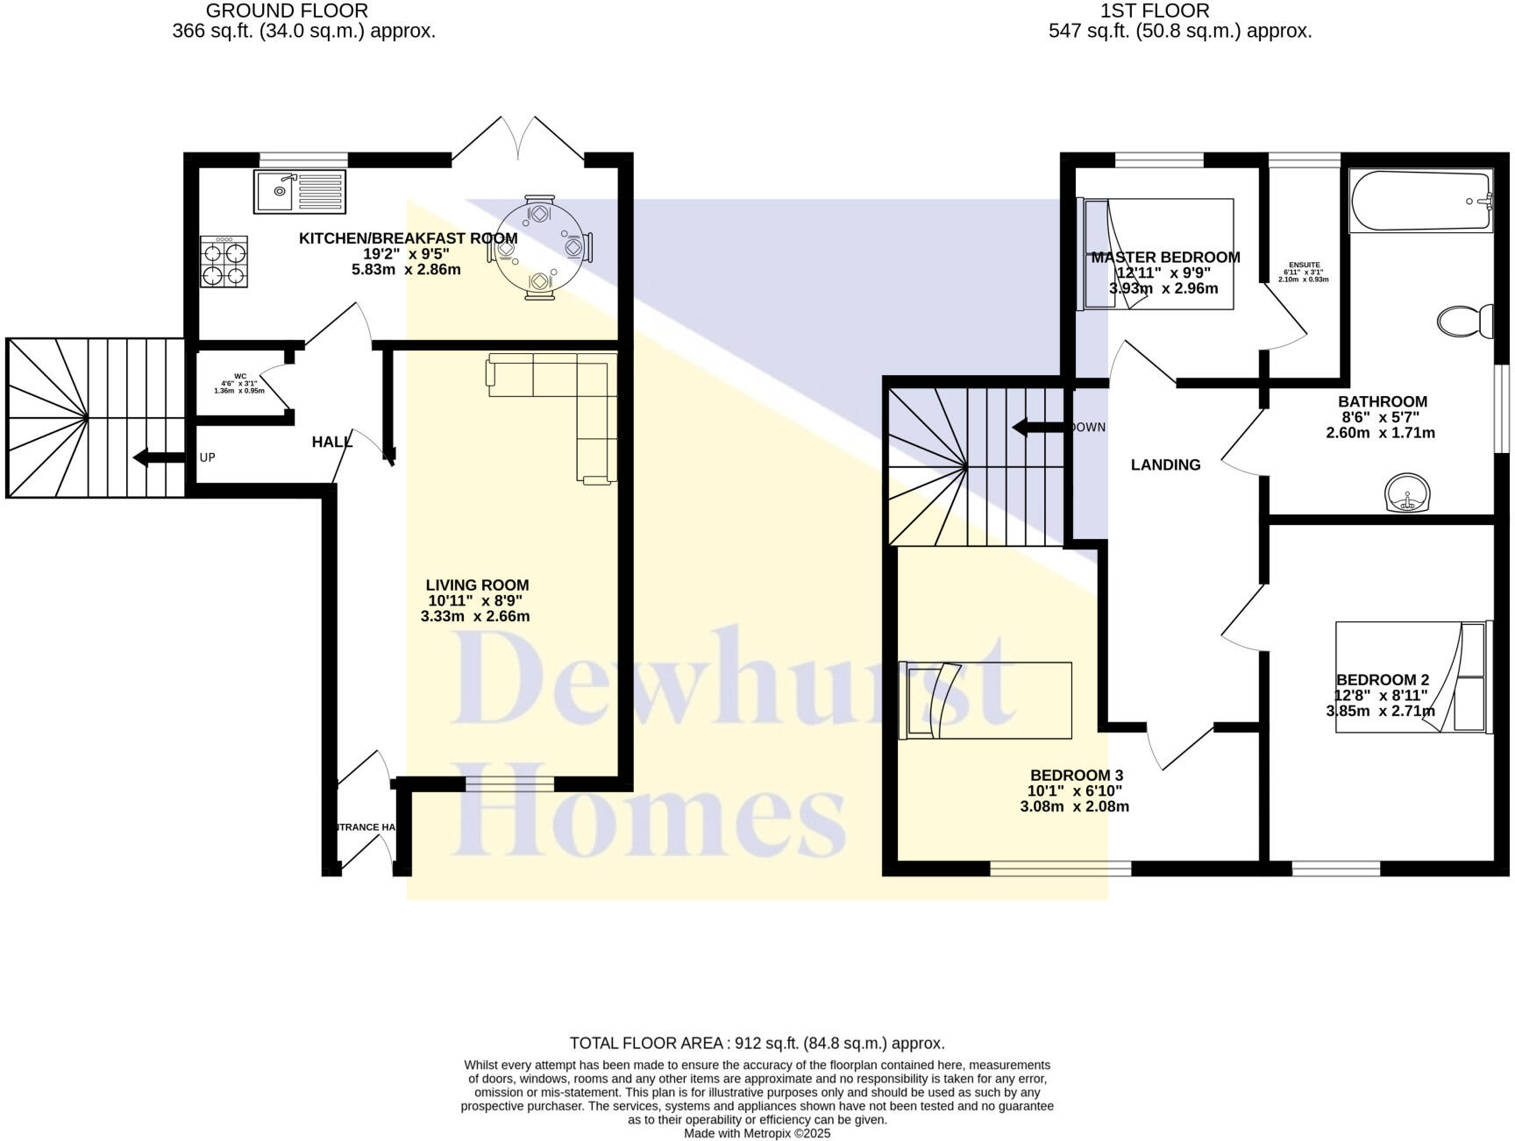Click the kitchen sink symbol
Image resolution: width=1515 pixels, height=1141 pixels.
[x=300, y=191]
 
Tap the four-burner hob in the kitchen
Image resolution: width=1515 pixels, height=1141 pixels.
[x=224, y=261]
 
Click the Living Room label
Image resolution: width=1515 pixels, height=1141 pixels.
[x=477, y=585]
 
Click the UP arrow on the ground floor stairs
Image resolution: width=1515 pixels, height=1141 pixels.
[x=153, y=457]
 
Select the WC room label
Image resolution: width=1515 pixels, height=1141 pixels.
[x=240, y=377]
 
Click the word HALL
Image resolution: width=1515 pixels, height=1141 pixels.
[x=331, y=443]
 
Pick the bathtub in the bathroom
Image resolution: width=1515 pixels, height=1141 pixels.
[x=1419, y=202]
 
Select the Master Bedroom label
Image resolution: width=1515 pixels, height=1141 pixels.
[x=1165, y=258]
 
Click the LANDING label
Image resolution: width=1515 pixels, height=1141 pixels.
[x=1165, y=465]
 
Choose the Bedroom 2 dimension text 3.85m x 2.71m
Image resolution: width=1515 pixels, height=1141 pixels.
[x=1380, y=711]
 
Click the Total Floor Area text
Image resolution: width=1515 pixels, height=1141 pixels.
[x=757, y=1043]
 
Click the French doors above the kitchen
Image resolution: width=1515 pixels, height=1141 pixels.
[x=517, y=140]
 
